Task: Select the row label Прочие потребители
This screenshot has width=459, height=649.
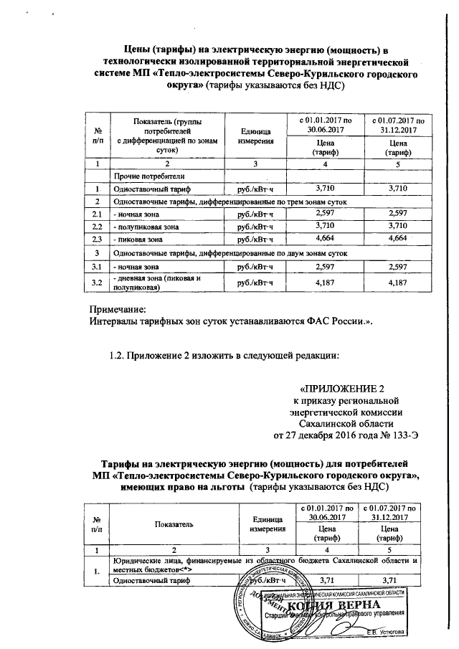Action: (139, 176)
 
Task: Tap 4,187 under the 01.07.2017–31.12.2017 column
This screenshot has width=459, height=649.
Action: (397, 283)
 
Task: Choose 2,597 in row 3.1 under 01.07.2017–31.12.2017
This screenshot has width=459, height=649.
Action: (397, 267)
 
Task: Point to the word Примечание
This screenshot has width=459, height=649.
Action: (116, 309)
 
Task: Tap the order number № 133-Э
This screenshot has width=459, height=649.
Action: (377, 435)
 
